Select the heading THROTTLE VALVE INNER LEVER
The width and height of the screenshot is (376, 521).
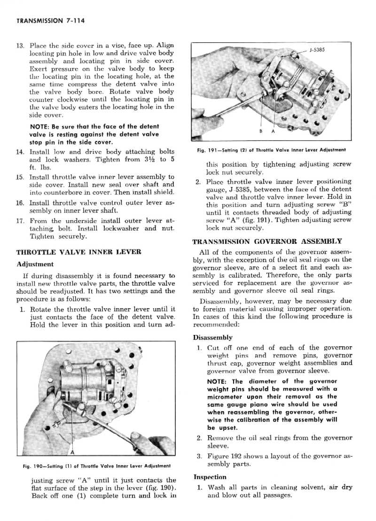point(78,252)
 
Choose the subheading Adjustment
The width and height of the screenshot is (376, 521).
point(35,264)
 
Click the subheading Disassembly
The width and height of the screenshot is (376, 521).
point(212,337)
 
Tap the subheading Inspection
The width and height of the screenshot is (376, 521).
point(210,476)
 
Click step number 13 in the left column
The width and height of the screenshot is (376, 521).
point(20,46)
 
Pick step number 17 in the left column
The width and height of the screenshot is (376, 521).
point(20,221)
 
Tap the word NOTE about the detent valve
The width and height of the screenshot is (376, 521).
point(39,127)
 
